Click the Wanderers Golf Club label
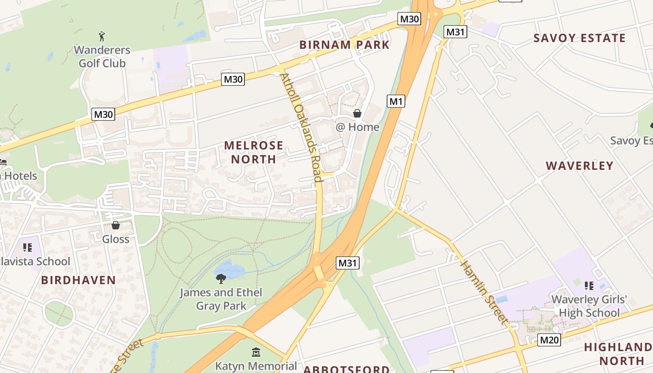[x=102, y=56]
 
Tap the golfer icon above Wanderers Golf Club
[x=102, y=36]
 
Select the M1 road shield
[x=396, y=101]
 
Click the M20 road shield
[x=549, y=340]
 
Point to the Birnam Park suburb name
[x=344, y=45]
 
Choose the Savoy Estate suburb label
[x=579, y=38]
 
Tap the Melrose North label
[x=254, y=152]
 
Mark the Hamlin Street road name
[x=484, y=291]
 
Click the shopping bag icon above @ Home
[x=357, y=113]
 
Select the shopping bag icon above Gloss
[x=116, y=226]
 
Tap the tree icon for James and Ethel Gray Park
[x=221, y=279]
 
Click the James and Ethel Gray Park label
[x=221, y=299]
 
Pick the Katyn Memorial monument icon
[x=256, y=352]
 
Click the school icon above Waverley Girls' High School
[x=589, y=285]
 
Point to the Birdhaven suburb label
[x=78, y=280]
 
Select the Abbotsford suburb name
[x=347, y=369]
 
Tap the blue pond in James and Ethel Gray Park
[x=229, y=269]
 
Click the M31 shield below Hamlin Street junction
[x=347, y=263]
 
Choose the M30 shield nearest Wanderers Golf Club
[x=103, y=114]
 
